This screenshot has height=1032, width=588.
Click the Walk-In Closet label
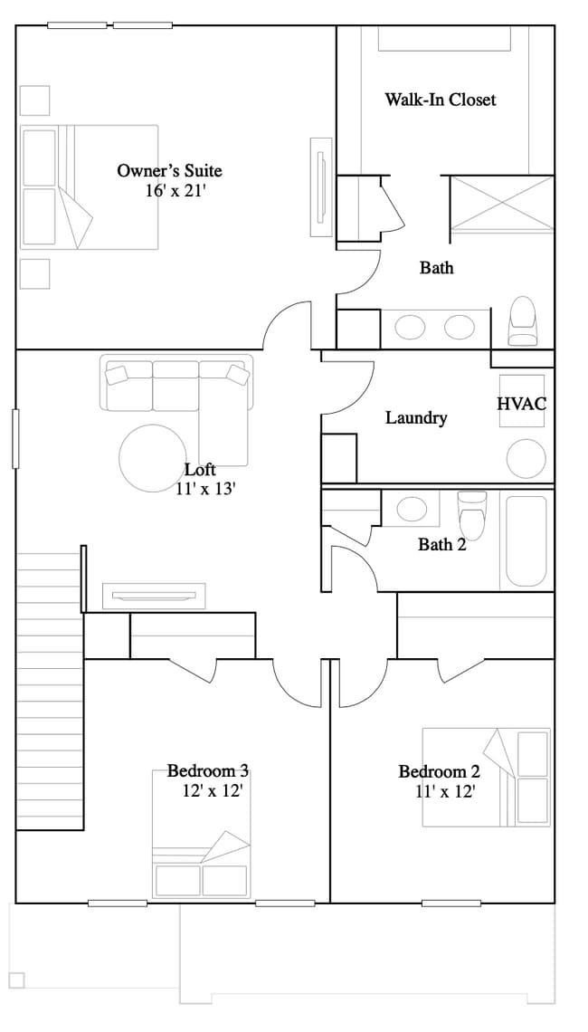441,100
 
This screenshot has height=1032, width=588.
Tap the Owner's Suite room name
169,170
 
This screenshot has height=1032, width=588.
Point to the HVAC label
522,404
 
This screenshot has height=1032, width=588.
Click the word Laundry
416,418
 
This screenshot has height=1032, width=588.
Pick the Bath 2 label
441,545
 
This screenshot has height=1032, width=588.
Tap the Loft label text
200,470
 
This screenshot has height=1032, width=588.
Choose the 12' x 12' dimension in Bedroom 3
212,790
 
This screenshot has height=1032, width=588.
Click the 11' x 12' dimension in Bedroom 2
445,790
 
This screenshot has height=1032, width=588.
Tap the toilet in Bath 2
472,513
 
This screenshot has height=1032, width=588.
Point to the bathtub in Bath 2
526,540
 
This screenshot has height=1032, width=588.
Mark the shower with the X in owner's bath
502,203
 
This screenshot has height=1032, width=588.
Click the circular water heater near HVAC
526,459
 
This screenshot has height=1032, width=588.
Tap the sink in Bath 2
412,509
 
